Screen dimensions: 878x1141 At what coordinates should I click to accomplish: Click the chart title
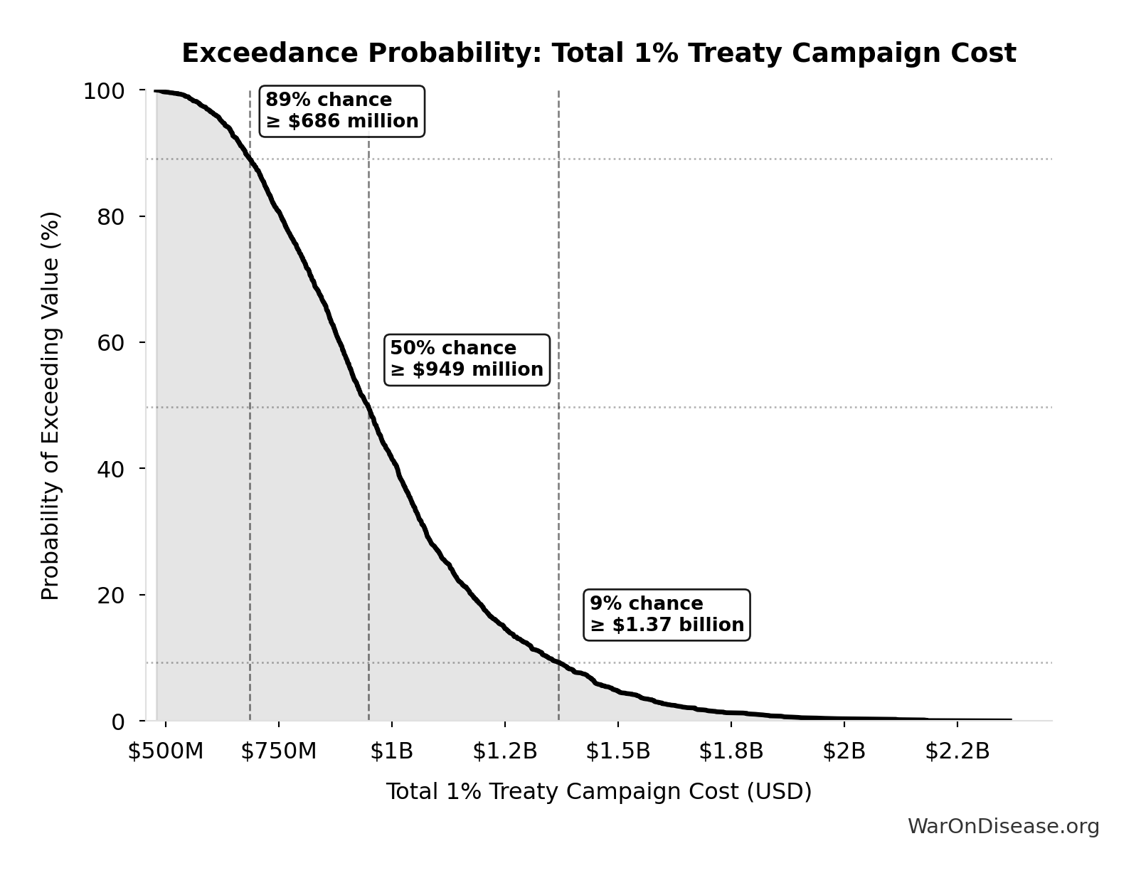coord(599,53)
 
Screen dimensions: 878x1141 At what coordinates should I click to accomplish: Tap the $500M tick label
coord(166,751)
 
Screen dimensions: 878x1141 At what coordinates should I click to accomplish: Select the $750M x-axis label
coord(279,751)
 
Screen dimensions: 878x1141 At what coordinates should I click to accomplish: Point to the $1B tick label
coord(392,751)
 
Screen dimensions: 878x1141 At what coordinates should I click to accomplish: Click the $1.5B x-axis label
coord(618,751)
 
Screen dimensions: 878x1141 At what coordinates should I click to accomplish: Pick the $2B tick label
coord(844,751)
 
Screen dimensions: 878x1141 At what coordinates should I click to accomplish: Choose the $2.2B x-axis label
coord(957,751)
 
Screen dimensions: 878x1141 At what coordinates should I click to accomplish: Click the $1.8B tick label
coord(731,751)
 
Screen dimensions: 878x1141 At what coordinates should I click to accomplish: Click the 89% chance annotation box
coord(342,111)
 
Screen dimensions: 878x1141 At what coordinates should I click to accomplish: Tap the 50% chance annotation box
coord(467,359)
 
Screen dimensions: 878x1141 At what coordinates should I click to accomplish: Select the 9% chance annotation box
coord(667,615)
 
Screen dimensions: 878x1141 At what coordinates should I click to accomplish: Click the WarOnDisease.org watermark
coord(1003,826)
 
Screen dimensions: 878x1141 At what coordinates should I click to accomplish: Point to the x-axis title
coord(599,791)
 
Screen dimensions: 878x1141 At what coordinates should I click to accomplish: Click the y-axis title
coord(51,406)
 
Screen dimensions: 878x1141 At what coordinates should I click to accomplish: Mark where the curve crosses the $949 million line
coord(368,408)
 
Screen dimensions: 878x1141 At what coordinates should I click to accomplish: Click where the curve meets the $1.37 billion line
coord(558,662)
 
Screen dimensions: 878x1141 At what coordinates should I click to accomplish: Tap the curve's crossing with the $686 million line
coord(250,159)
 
